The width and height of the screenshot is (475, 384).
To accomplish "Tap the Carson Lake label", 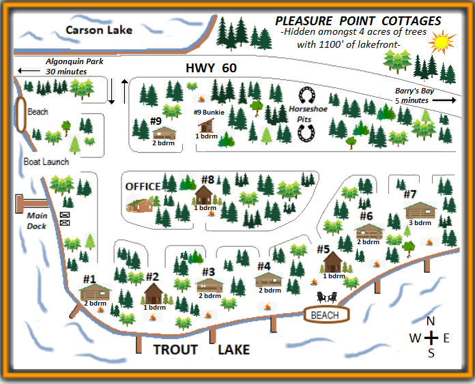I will [98, 30].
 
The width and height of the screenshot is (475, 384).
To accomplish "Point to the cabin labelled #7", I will [420, 210].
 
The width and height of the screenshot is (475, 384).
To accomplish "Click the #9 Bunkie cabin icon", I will [206, 125].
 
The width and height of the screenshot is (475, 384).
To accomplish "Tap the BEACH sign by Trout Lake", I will [324, 315].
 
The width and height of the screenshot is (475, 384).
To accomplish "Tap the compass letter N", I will [430, 322].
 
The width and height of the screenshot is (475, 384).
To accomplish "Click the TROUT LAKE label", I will [201, 350].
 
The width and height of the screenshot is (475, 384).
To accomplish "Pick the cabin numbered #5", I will [332, 261].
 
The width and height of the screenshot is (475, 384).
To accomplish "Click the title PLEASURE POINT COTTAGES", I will [358, 21].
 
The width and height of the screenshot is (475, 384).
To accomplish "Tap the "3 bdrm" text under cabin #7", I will [419, 223].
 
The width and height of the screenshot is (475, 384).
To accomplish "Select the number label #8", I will [208, 180].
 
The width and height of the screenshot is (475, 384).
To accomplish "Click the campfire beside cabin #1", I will [100, 310].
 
